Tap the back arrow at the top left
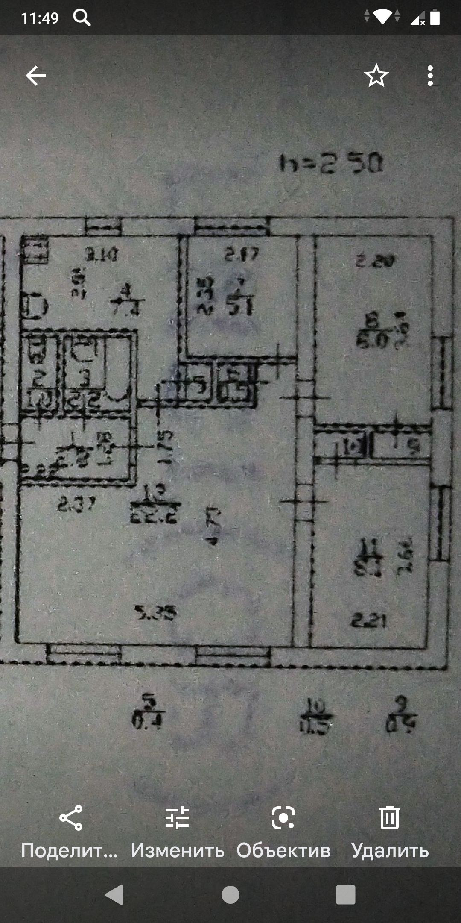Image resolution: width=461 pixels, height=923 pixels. [x=36, y=76]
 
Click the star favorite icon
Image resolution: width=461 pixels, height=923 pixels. [x=376, y=76]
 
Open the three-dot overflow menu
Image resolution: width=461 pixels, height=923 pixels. [x=430, y=76]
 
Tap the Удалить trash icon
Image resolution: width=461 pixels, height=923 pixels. [x=389, y=818]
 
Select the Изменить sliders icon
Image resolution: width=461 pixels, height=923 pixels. [x=177, y=818]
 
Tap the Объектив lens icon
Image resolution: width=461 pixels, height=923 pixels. [x=283, y=818]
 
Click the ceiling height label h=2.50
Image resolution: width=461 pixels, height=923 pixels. [x=331, y=164]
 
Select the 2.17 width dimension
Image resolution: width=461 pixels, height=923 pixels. [x=242, y=255]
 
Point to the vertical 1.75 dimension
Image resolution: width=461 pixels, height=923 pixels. [x=166, y=447]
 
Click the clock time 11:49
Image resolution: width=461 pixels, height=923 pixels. [x=40, y=18]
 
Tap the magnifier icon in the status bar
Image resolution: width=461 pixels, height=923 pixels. [x=82, y=18]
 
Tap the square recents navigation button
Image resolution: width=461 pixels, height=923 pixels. [x=345, y=894]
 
